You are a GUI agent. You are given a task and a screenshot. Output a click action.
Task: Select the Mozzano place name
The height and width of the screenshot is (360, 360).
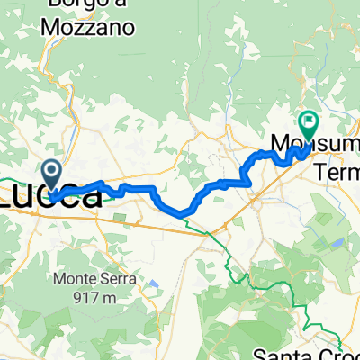point(89,27)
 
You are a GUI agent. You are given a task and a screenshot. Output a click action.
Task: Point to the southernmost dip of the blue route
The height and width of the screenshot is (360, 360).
point(180,213)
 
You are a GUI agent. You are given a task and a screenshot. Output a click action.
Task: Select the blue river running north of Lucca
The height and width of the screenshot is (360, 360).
point(67,135)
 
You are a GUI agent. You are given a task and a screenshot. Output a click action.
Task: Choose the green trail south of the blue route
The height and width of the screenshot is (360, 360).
point(236,256)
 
